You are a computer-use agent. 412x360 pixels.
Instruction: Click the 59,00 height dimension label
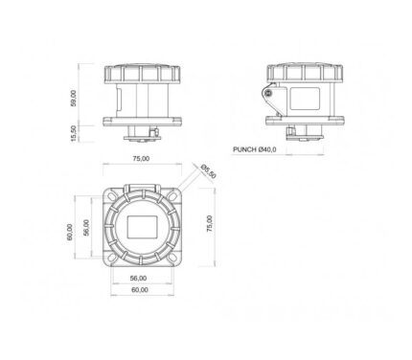pos(74,98)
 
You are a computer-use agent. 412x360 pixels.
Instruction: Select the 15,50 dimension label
pos(74,133)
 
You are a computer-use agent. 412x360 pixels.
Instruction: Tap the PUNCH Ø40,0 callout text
pos(255,149)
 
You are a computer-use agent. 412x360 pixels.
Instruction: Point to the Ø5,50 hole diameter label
pos(208,171)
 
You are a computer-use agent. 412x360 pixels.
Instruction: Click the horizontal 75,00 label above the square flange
pos(141,159)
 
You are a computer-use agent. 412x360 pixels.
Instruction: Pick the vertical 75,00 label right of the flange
pos(210,223)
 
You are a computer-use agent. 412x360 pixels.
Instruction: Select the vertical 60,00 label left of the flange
pos(69,232)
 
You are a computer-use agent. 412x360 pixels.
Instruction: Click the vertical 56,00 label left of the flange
pos(86,228)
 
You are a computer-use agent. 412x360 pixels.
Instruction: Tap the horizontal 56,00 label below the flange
pos(138,279)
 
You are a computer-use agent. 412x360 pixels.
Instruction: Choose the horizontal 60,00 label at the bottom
pos(140,290)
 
